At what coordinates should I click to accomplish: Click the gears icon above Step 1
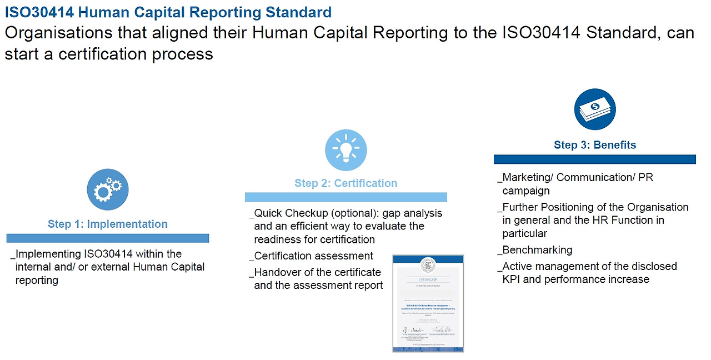tap(108, 189)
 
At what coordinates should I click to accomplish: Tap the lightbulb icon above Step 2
tap(346, 150)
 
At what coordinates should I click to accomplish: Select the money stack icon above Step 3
tap(594, 108)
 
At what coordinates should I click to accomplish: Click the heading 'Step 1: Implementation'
tap(108, 224)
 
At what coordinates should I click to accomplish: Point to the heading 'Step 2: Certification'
tap(346, 183)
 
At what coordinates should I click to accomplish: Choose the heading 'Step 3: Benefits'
tap(594, 145)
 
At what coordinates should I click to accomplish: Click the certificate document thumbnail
tap(428, 303)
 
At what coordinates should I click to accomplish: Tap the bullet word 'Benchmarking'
tap(537, 250)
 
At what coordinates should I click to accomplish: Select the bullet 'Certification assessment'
tap(314, 256)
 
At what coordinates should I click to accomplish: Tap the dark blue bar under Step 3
tap(594, 159)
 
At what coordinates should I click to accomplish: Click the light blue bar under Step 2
tap(346, 197)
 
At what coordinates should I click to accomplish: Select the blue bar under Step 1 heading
tap(108, 238)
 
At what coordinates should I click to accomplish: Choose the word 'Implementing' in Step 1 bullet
tap(49, 254)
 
